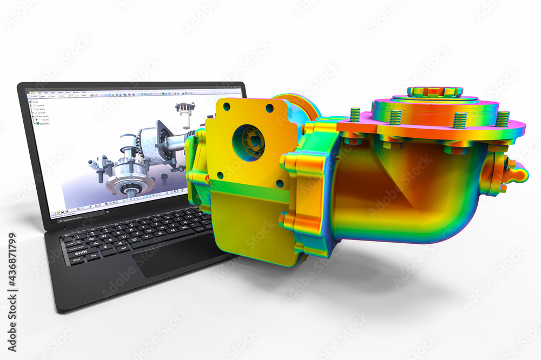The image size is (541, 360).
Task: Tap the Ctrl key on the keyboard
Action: click(x=76, y=260)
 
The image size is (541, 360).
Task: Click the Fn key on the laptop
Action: click(x=94, y=256)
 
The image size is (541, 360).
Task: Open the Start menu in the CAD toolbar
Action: click(x=34, y=92)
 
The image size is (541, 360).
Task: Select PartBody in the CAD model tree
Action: click(x=44, y=123)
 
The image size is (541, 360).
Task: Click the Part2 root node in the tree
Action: click(x=35, y=101)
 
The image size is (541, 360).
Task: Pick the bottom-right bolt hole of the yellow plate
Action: click(x=279, y=184)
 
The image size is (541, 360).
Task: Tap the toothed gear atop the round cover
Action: click(x=434, y=91)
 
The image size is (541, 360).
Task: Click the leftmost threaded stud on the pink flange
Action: click(x=355, y=115)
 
